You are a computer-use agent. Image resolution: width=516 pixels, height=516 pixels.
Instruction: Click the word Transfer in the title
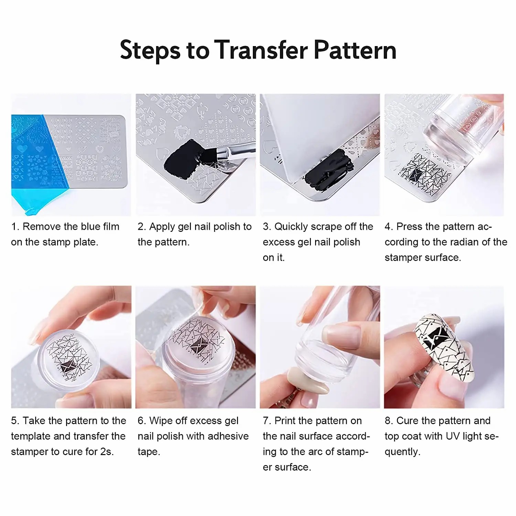pos(261,50)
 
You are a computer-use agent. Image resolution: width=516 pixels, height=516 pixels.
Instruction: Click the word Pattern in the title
pos(355,50)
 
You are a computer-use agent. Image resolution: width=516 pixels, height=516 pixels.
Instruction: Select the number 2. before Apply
pos(142,227)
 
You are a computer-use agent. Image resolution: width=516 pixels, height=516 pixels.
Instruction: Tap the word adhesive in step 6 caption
pos(228,436)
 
